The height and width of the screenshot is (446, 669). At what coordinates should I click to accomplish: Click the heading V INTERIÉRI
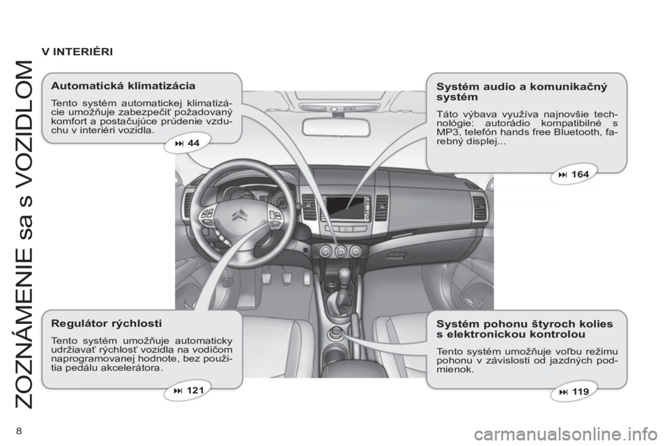[x=77, y=52]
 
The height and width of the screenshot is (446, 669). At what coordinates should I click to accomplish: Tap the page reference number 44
[x=193, y=143]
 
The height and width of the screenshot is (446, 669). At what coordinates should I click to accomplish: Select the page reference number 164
[x=580, y=174]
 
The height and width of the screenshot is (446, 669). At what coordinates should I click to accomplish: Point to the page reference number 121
[x=194, y=390]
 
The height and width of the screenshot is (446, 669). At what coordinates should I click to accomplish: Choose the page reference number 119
[x=580, y=392]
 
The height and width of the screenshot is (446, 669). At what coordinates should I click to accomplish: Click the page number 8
[x=19, y=431]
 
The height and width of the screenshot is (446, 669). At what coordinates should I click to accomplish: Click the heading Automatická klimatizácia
[x=123, y=86]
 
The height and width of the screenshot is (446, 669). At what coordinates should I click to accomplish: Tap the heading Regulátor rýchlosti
[x=106, y=323]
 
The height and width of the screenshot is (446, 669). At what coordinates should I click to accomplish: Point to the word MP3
[x=446, y=132]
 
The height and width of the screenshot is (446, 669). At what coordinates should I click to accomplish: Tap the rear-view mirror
[x=334, y=127]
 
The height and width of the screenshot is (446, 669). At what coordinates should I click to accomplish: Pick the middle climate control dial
[x=340, y=252]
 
